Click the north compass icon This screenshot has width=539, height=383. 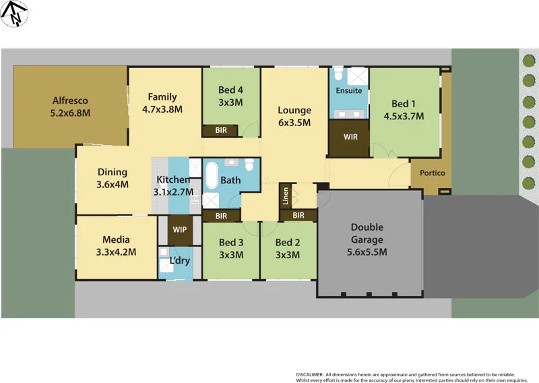coord(14,13)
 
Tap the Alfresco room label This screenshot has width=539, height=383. coord(71,101)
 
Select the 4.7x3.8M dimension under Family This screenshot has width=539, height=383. coord(162,109)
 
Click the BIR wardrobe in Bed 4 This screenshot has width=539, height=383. coord(221,130)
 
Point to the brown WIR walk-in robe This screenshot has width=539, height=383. coord(350,138)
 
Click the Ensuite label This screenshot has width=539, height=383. coord(349,90)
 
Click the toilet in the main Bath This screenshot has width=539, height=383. coord(250,165)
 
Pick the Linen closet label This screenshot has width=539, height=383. coord(286,195)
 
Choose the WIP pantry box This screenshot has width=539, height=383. coord(180,230)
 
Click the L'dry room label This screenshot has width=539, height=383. coord(179,261)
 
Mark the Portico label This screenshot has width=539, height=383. coord(432,173)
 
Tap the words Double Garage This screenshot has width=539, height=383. coord(367,234)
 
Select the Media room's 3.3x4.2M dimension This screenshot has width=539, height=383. coord(116,252)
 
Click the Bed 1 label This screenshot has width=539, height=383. coord(404,104)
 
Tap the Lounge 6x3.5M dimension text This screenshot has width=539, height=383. coord(294,123)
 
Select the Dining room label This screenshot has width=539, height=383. coord(113,172)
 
